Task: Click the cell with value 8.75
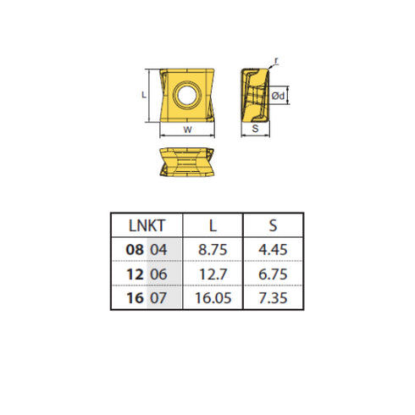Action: (x=212, y=250)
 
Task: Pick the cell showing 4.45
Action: (x=273, y=250)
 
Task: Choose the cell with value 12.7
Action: (x=212, y=274)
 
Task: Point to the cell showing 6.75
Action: (x=273, y=274)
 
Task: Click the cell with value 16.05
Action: (x=212, y=299)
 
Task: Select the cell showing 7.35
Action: (x=273, y=299)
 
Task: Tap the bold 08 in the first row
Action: (x=134, y=250)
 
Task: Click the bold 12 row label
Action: (x=134, y=274)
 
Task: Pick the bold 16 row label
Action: (x=134, y=299)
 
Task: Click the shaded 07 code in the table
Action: (x=159, y=299)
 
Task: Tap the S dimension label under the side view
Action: (x=255, y=130)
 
